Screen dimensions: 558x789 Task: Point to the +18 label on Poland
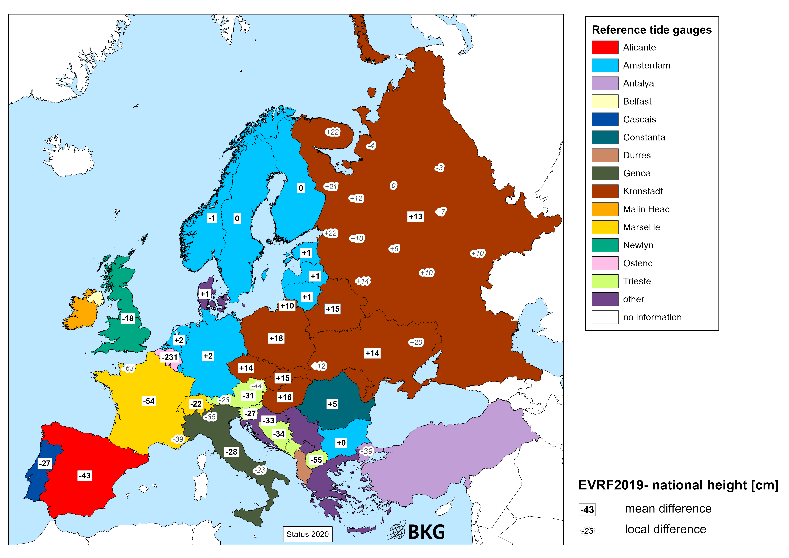coord(276,338)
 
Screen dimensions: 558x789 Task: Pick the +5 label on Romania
coord(332,404)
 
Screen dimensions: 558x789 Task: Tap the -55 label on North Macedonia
coord(316,460)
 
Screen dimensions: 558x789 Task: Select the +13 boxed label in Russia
coord(415,216)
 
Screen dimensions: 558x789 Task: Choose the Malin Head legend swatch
coord(605,209)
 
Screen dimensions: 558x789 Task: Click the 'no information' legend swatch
coord(605,317)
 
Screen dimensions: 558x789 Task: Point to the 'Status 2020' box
coord(308,534)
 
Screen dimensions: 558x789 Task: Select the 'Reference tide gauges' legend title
coord(652,30)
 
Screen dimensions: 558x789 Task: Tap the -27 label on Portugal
coord(45,464)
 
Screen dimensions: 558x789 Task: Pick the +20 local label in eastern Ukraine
coord(416,343)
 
